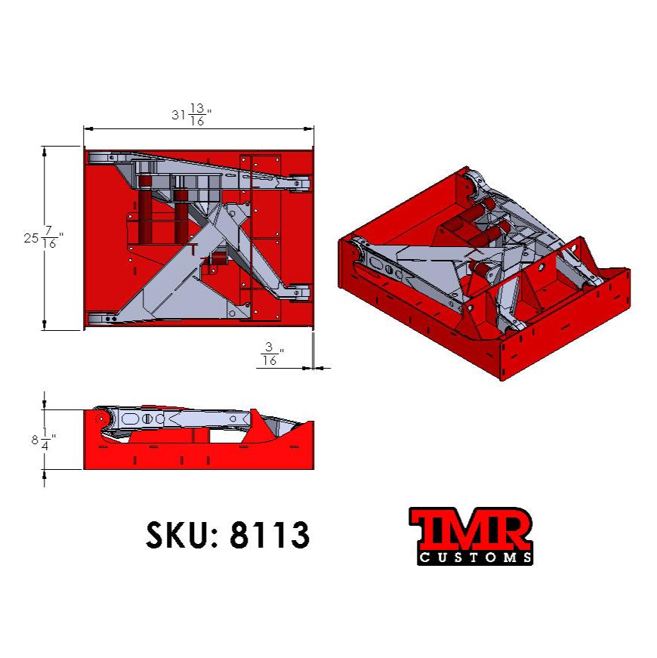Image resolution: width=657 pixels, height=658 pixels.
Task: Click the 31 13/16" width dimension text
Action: click(191, 116)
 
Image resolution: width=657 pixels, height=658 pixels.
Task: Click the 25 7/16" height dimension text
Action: click(43, 237)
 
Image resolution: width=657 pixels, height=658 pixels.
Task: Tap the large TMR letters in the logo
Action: click(470, 531)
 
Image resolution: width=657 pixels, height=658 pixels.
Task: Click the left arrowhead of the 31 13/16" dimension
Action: click(88, 130)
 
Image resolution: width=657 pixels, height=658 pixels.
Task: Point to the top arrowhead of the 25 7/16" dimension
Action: click(45, 151)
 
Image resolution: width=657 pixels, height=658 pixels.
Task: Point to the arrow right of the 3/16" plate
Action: click(322, 368)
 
